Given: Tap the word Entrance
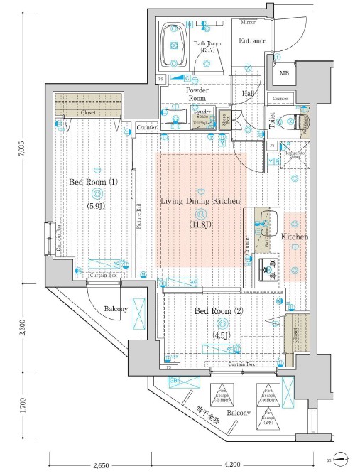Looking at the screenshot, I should click(252, 41).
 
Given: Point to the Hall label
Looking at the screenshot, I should click(249, 94).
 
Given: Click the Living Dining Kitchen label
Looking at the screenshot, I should click(200, 202).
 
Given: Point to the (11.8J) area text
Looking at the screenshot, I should click(200, 225).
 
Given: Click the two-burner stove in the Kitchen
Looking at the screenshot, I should click(270, 269).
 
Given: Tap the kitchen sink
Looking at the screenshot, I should click(268, 224).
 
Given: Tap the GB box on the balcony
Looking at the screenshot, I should click(173, 381).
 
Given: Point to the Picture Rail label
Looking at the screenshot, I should click(139, 218).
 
